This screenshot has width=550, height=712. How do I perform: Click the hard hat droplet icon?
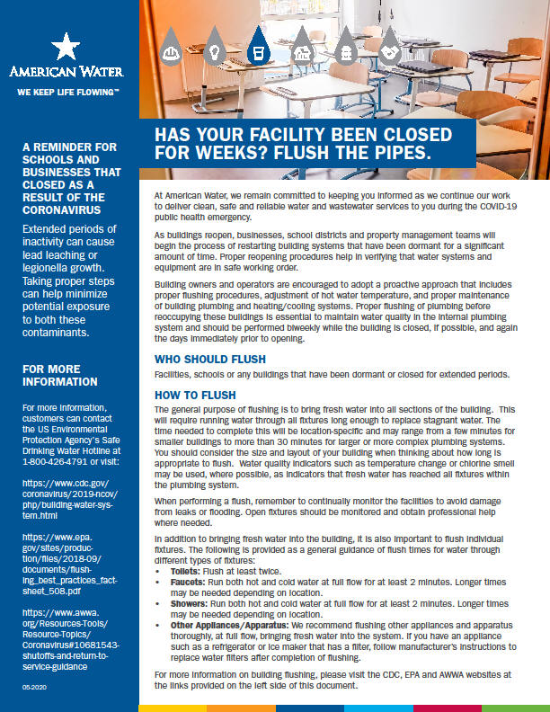(x=170, y=52)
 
